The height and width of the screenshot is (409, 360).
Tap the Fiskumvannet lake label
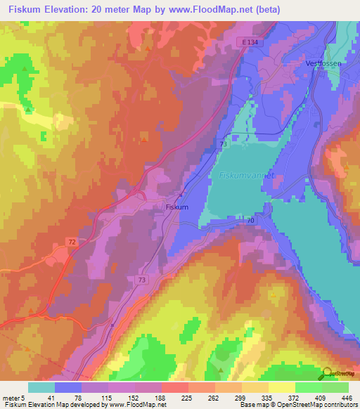[245, 176]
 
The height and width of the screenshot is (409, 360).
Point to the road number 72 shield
[52, 240]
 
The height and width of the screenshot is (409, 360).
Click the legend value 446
[347, 397]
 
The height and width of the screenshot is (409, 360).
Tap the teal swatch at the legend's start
[41, 387]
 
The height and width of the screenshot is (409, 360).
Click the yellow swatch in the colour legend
[282, 387]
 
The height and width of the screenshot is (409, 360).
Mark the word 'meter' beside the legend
[11, 397]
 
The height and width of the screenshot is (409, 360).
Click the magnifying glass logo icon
[328, 374]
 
